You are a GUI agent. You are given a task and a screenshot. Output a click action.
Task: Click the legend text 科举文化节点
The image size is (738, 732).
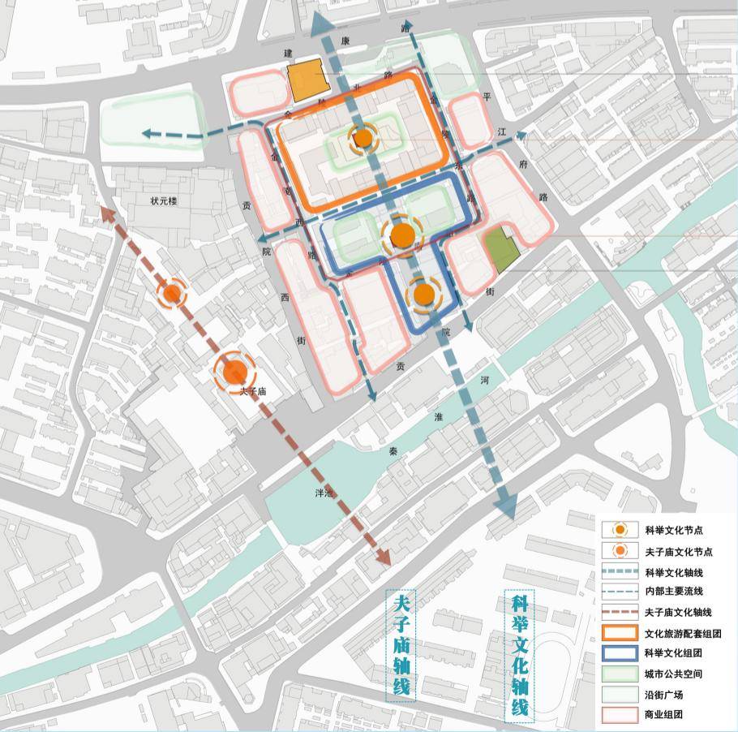[672, 530]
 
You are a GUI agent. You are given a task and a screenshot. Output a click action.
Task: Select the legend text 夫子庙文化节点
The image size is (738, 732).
[678, 552]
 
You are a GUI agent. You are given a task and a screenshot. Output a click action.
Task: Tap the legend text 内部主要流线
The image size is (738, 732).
[672, 592]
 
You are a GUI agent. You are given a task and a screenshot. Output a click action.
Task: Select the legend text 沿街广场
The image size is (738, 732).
[663, 695]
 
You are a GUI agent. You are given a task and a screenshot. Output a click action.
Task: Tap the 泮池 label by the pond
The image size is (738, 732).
[324, 493]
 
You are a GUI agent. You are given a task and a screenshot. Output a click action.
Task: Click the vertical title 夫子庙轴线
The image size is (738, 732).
[401, 646]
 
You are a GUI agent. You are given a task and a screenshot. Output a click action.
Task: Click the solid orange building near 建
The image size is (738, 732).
[307, 81]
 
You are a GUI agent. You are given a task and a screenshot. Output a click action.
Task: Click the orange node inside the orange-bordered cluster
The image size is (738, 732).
[363, 139]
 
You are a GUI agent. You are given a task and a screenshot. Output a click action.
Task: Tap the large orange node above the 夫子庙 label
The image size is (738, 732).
[235, 372]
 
